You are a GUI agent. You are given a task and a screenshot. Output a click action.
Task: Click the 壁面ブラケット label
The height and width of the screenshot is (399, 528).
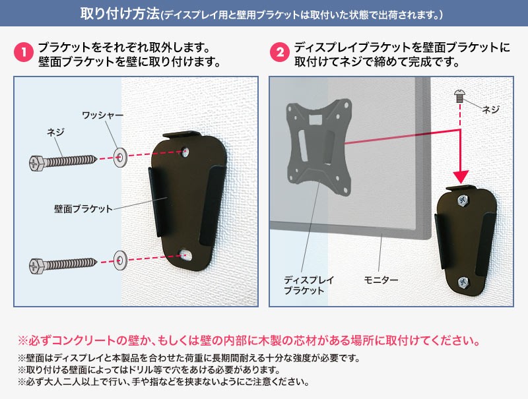pyautogui.click(x=83, y=208)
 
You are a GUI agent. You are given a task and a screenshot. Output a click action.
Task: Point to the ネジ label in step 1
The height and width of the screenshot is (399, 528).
pyautogui.click(x=55, y=133)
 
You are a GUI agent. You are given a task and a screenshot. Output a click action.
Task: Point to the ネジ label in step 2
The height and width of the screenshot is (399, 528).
pyautogui.click(x=491, y=109)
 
